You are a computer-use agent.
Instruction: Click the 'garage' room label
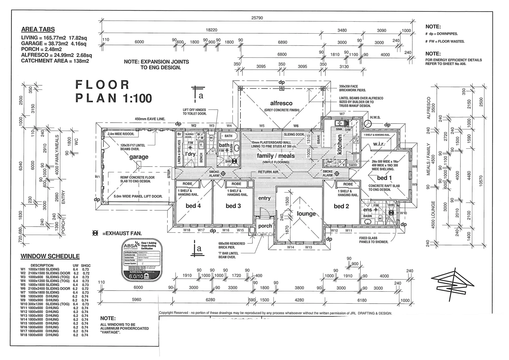click(139, 157)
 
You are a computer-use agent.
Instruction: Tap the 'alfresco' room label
click(281, 103)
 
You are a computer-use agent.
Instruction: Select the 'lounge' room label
click(306, 214)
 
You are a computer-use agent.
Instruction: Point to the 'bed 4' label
click(193, 206)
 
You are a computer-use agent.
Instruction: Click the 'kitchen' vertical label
click(340, 144)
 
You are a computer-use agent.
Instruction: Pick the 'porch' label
click(265, 226)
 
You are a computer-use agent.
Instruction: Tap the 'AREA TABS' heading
click(38, 29)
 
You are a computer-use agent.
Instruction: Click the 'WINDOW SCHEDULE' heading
click(50, 256)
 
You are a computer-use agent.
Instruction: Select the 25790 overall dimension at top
click(257, 18)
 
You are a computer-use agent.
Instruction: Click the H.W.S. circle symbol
click(368, 124)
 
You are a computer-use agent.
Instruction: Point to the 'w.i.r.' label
click(379, 144)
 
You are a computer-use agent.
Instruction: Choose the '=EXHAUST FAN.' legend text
click(122, 234)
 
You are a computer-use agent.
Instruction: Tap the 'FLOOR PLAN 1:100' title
click(113, 91)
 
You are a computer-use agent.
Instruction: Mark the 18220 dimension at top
click(212, 30)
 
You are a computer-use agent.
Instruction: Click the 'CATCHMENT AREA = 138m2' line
click(55, 61)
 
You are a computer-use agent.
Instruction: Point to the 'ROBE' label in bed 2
click(348, 184)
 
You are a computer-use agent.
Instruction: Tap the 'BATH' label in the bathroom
click(228, 136)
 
